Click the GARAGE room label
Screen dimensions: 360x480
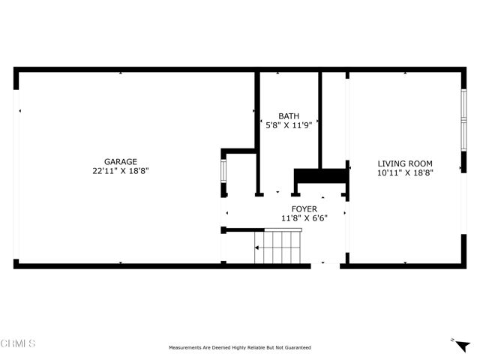[x=120, y=161]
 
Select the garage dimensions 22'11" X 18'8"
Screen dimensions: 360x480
[x=120, y=171]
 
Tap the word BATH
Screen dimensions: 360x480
[x=289, y=116]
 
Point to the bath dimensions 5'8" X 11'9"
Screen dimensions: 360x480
[x=289, y=125]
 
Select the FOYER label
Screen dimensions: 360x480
[x=304, y=209]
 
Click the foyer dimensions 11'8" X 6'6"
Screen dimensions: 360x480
[x=304, y=218]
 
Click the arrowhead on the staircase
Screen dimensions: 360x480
[x=259, y=247]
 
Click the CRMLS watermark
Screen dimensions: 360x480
[x=18, y=343]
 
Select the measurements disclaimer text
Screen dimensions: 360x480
[x=240, y=347]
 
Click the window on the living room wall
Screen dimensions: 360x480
[x=463, y=120]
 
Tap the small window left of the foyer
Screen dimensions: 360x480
[x=223, y=171]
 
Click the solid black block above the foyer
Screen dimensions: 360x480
[x=321, y=176]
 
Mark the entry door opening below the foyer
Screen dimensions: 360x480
[x=326, y=264]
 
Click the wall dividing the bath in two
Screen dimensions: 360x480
[x=321, y=120]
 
